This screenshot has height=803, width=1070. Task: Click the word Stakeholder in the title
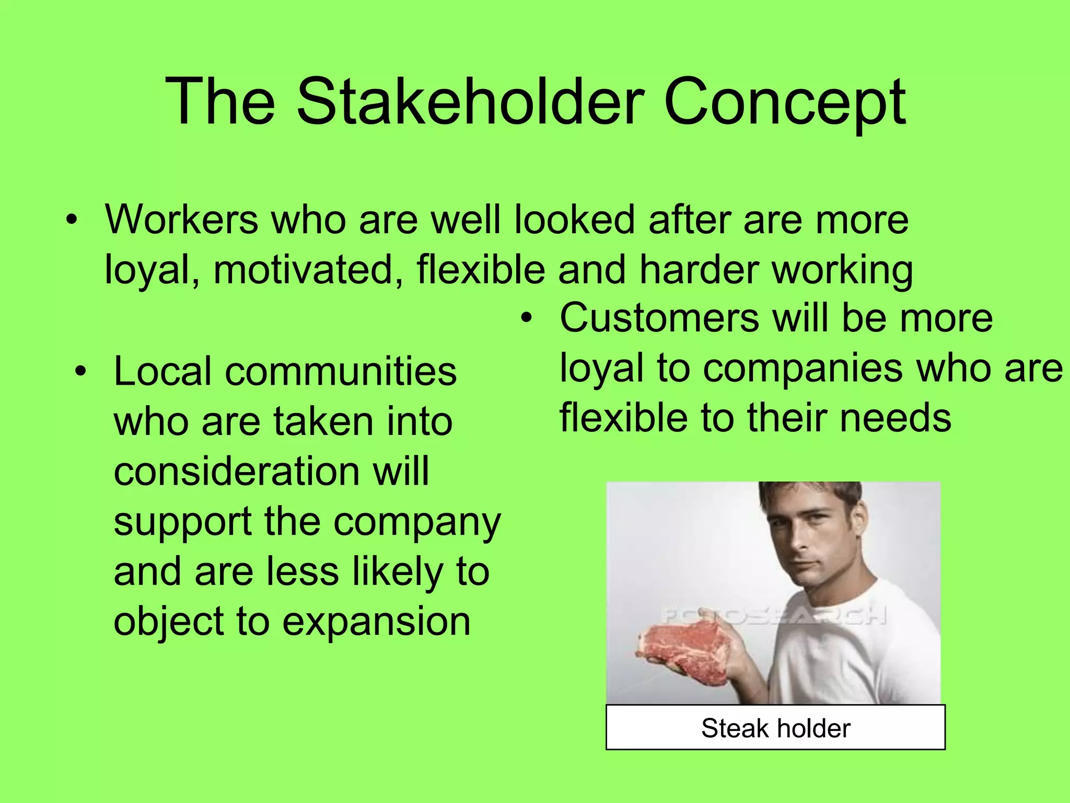click(470, 102)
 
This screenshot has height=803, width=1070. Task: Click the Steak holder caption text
click(775, 728)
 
